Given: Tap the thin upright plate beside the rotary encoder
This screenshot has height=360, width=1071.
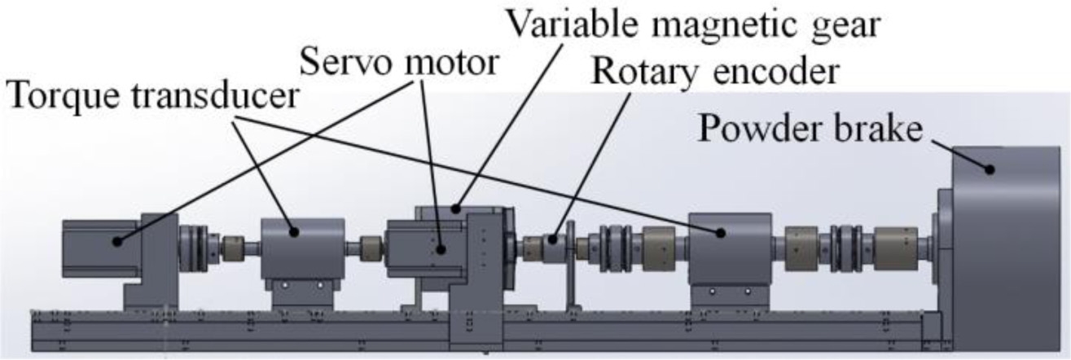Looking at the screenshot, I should pyautogui.click(x=570, y=269).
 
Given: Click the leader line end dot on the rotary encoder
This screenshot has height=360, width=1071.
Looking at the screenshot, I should pyautogui.click(x=551, y=239).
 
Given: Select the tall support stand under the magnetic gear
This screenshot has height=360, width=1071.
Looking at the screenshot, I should pyautogui.click(x=468, y=318).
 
